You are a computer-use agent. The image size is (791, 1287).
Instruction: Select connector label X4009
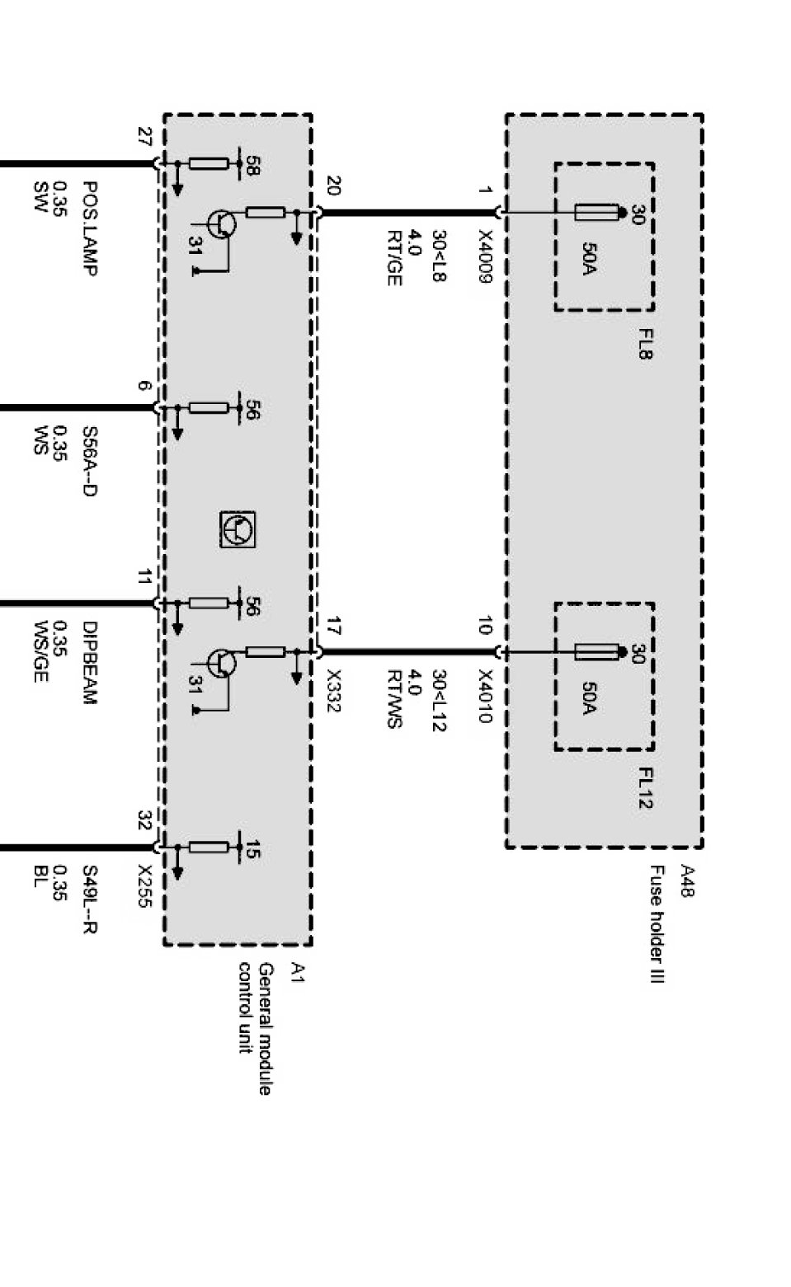point(484,256)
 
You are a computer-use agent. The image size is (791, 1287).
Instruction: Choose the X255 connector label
point(145,886)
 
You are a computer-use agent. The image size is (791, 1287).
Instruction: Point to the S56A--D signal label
point(90,461)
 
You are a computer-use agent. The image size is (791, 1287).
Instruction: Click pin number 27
point(145,137)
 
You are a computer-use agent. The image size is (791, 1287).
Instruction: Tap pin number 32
point(145,821)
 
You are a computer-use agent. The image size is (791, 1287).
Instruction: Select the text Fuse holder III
point(657,923)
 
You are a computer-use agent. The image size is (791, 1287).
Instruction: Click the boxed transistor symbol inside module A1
point(238,529)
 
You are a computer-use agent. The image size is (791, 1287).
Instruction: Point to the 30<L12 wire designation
point(439,700)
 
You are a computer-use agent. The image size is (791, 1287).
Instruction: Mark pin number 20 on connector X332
point(333,186)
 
